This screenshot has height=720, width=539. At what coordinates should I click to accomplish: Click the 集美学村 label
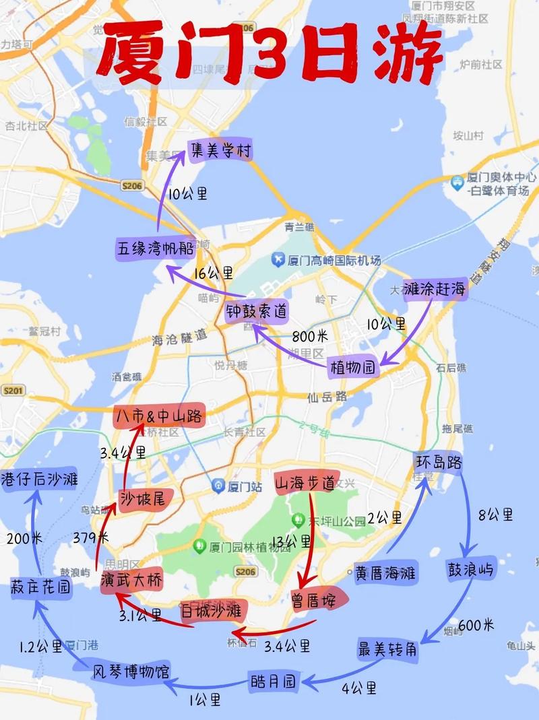[220, 151]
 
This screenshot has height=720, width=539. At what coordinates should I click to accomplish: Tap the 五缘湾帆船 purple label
[156, 248]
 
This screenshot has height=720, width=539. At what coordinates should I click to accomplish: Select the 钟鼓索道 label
[257, 311]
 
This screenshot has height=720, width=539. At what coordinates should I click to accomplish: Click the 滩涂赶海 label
[435, 290]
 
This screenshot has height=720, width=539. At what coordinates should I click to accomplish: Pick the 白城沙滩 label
[212, 612]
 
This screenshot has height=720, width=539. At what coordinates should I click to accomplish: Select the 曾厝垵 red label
[313, 600]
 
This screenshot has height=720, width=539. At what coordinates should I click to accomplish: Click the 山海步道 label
[305, 483]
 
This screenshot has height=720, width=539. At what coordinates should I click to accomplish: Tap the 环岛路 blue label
[438, 463]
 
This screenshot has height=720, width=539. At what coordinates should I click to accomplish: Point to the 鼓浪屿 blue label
[470, 570]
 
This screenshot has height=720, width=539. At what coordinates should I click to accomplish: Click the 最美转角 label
[387, 650]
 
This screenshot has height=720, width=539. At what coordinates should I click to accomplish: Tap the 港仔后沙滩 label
[40, 478]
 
